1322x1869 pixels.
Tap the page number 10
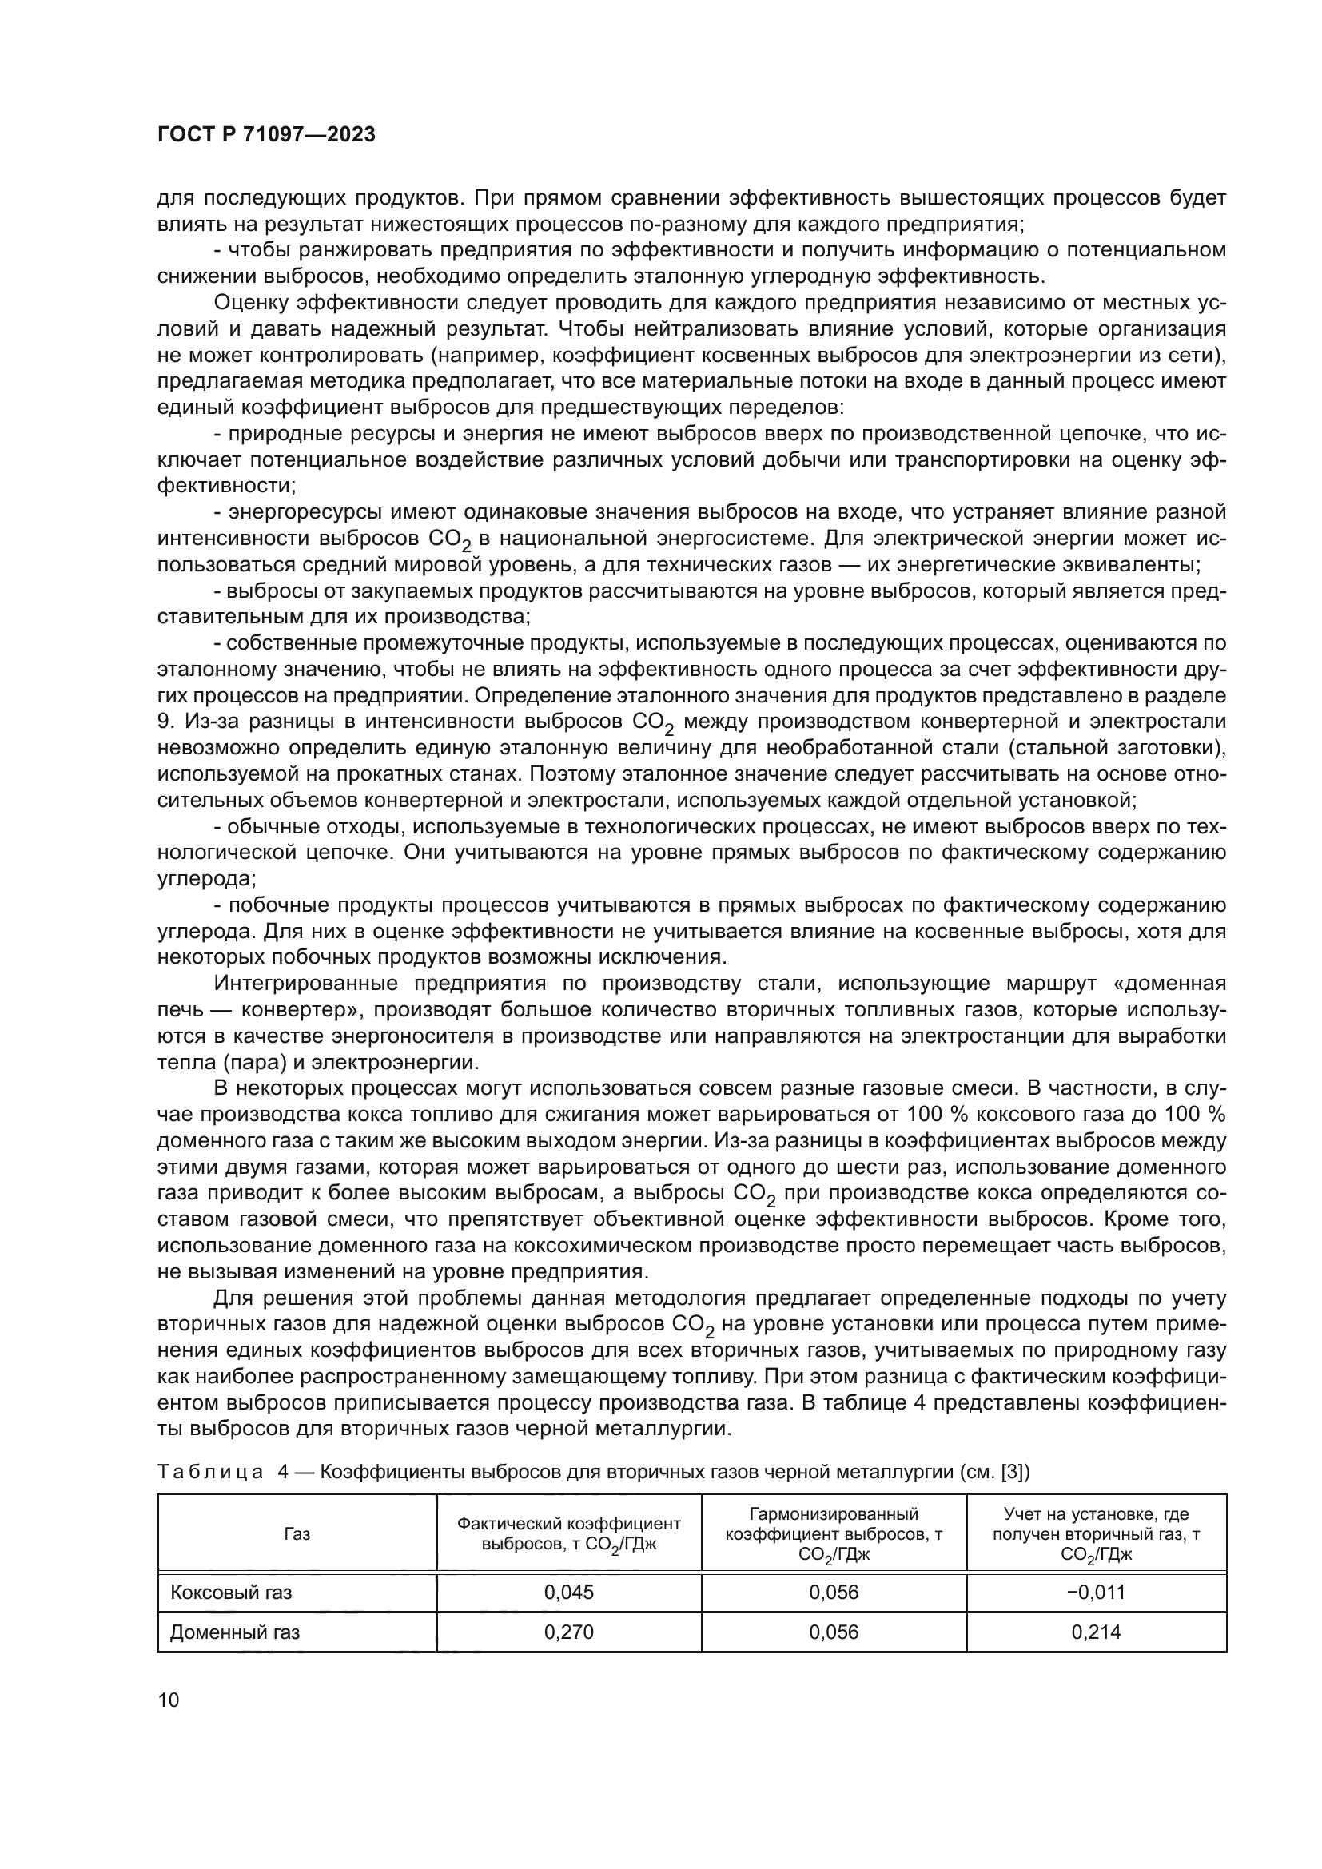pos(169,1700)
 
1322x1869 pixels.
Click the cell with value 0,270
pos(568,1632)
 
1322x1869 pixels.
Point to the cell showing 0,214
pos(1096,1632)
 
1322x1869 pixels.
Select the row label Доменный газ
pos(234,1632)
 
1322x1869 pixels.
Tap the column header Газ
pos(297,1534)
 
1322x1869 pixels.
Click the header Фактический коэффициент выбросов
pos(568,1533)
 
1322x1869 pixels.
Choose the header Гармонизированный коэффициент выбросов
pos(834,1533)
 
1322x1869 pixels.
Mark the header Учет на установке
pos(1096,1533)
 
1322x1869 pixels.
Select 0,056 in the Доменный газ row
pos(834,1632)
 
